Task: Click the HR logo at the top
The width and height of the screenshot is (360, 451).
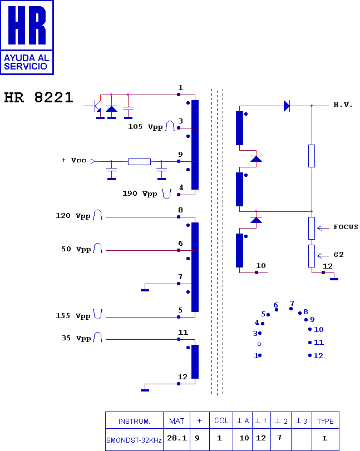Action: [x=27, y=37]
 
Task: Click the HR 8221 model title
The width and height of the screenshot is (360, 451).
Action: [x=38, y=98]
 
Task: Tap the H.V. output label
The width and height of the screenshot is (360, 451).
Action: [x=343, y=105]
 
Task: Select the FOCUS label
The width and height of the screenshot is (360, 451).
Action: [x=346, y=227]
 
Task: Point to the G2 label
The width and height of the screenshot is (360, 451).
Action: [x=338, y=255]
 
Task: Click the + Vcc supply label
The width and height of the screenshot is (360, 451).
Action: [x=73, y=160]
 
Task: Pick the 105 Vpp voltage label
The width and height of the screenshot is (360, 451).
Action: [x=145, y=127]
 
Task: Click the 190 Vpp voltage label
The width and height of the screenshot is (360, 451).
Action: [x=140, y=194]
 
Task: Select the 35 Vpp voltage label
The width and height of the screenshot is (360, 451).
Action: [x=76, y=338]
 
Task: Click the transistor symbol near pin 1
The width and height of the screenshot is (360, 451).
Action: [x=96, y=105]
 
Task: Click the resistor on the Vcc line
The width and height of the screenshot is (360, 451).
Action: [x=139, y=161]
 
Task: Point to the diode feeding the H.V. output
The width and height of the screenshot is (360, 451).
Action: [x=287, y=106]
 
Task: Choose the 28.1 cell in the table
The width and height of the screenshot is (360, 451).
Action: [x=176, y=438]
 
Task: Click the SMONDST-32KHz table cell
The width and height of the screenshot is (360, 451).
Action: [x=134, y=440]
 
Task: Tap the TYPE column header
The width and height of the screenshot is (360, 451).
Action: [x=325, y=421]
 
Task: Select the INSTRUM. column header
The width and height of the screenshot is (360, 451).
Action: [x=134, y=421]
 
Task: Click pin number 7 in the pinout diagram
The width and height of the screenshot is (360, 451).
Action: [x=292, y=304]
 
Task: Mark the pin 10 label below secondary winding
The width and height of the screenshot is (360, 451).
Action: [x=261, y=266]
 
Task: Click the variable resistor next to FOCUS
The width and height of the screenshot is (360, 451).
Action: [x=312, y=228]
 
